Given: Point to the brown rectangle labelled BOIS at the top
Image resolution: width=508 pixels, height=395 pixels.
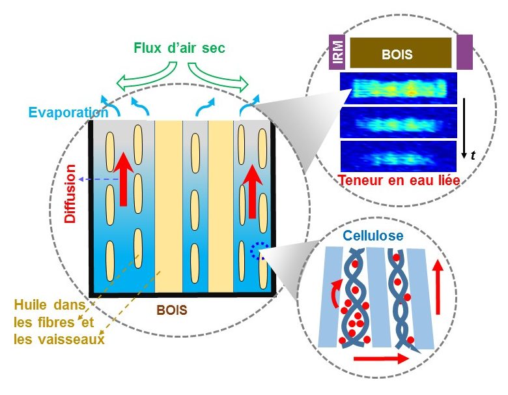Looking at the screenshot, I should tap(401, 53).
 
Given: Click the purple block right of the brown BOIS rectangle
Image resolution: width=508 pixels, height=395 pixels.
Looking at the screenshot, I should tap(464, 52).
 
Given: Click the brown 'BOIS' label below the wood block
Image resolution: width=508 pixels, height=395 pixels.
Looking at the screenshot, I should tap(171, 311).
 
